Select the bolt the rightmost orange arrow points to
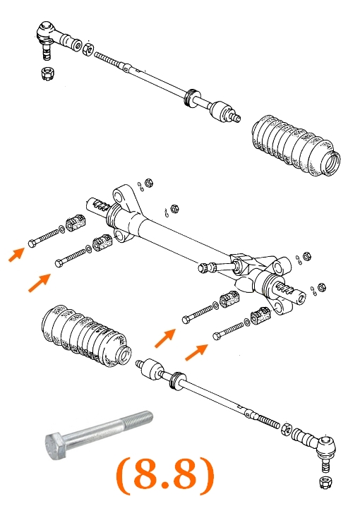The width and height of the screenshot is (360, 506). tap(229, 331)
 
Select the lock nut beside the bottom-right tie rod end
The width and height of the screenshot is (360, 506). tap(287, 428)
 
